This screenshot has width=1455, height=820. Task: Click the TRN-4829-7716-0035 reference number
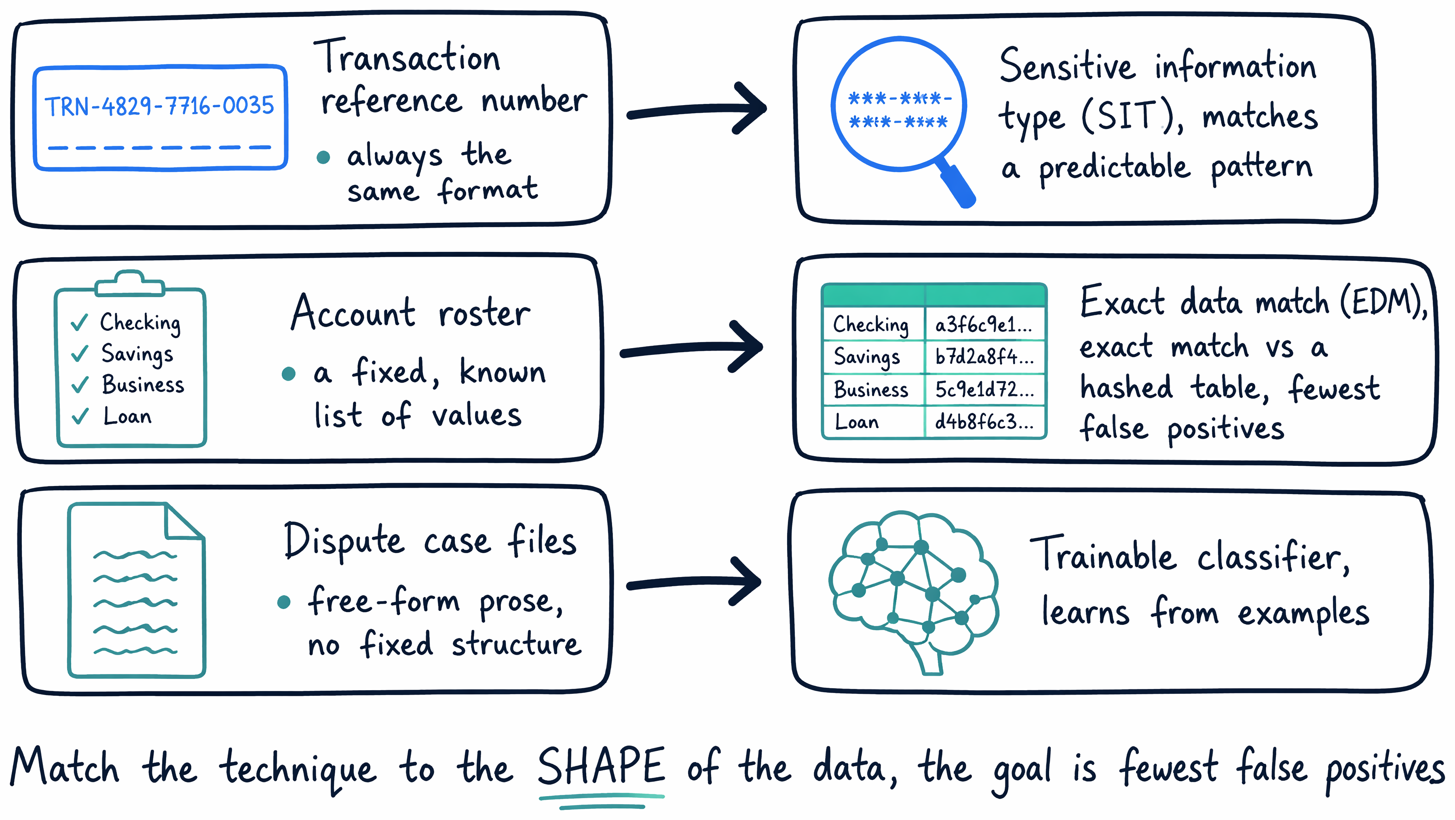159,106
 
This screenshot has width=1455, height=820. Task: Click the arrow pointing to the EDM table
692,347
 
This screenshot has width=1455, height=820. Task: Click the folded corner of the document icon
184,521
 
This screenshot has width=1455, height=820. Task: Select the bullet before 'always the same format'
324,157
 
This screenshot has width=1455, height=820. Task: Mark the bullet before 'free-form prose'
284,602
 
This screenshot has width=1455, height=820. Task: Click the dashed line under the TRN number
160,148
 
